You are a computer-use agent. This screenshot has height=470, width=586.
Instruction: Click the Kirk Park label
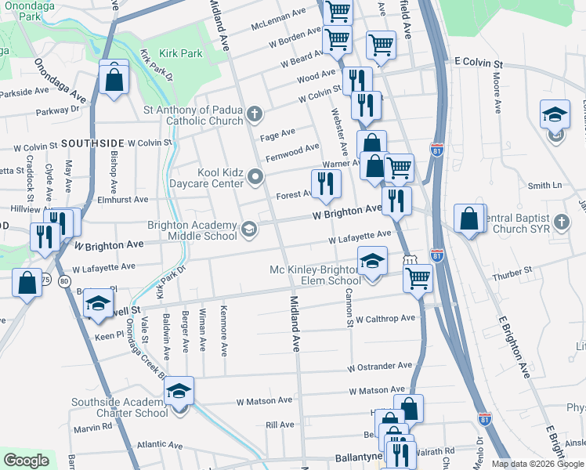(x=180, y=54)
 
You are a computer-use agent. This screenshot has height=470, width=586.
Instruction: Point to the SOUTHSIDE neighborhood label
(x=92, y=143)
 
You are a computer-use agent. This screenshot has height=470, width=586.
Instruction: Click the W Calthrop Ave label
(x=385, y=319)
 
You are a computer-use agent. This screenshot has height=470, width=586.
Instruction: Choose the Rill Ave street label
(x=280, y=425)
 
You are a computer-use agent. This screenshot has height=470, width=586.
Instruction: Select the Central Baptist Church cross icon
(x=561, y=222)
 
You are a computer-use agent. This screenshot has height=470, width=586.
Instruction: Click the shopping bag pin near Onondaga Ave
(x=114, y=78)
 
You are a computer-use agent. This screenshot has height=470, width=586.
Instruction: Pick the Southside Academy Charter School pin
(x=179, y=393)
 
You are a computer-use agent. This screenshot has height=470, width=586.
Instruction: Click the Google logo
(x=27, y=461)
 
